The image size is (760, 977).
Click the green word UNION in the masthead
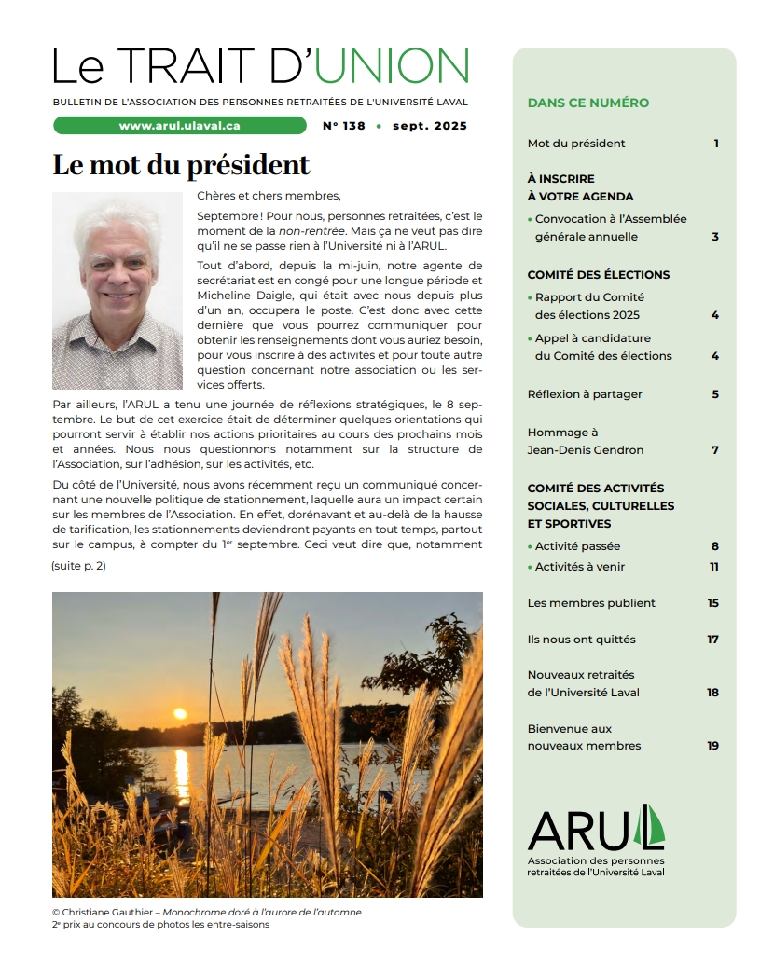pos(391,66)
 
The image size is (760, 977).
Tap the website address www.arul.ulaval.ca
pos(180,126)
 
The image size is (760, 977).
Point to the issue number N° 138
pos(344,126)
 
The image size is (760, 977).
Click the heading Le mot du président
pos(181,165)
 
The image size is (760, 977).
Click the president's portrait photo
pos(117,291)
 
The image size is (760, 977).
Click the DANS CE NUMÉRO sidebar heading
pos(587,103)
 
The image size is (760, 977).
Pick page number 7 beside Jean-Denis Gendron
pos(715,450)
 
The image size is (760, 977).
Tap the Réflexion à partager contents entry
pos(585,394)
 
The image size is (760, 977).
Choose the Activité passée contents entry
pos(577,546)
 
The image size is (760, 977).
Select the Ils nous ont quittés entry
pos(581,640)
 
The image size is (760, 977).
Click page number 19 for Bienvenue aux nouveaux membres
pos(713,746)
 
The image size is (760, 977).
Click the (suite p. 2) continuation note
pos(78,566)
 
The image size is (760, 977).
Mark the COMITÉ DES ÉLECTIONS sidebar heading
pos(598,275)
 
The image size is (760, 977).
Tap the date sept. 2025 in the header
pos(430,126)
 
